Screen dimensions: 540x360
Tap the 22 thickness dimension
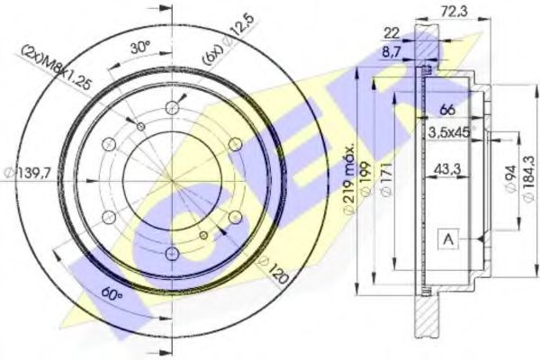pos(391,33)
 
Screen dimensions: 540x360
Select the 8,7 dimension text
pos(391,52)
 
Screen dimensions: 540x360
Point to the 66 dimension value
pos(447,110)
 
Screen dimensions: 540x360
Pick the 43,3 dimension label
pos(447,169)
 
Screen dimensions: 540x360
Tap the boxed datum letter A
pos(448,238)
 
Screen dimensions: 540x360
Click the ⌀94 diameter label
pos(511,180)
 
